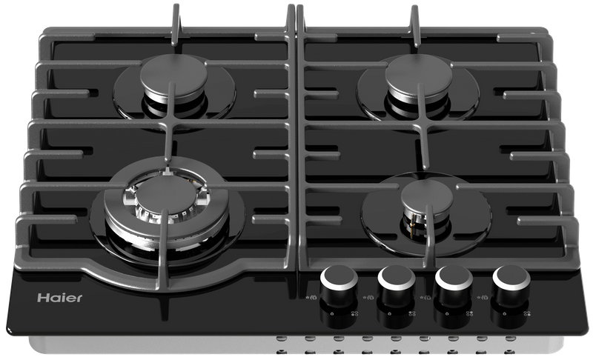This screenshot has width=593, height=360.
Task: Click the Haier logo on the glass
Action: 60,298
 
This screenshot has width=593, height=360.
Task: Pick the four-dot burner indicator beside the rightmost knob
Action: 527,313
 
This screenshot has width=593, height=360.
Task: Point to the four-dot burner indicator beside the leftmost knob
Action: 354,313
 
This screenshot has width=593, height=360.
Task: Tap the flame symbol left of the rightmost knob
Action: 483,298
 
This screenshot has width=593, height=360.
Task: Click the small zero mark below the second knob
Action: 390,313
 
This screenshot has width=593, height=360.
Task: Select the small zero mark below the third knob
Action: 447,313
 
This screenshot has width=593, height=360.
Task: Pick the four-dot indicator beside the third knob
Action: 469,313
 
